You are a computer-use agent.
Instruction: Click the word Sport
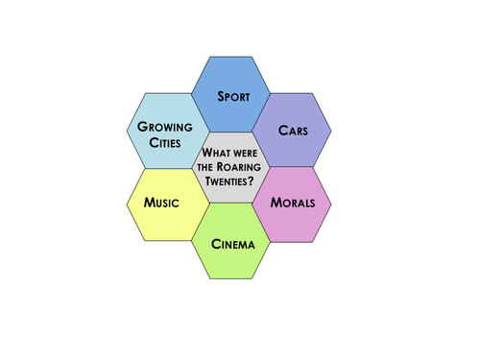pos(233,97)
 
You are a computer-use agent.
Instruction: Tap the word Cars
pos(293,130)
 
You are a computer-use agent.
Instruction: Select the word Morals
pos(293,204)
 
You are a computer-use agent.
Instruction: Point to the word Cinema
pos(233,244)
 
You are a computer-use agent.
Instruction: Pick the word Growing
pos(165,127)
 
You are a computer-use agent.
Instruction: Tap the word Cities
pos(165,142)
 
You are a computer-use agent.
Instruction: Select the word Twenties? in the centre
pos(230,180)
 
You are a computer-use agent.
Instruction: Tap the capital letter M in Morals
pos(275,204)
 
